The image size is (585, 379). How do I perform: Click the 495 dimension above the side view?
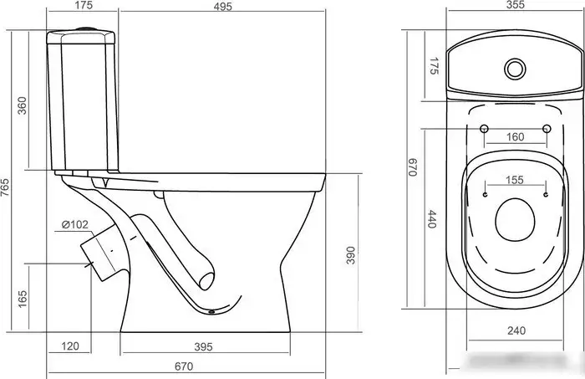click(223, 6)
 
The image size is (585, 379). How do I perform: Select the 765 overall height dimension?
click(5, 188)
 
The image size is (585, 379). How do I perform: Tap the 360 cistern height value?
click(23, 105)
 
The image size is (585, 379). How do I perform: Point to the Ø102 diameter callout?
click(75, 224)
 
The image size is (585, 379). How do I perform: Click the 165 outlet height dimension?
click(23, 299)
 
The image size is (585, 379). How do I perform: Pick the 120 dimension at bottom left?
click(70, 346)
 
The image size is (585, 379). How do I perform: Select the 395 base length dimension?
click(203, 347)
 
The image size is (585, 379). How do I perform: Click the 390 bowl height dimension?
click(350, 255)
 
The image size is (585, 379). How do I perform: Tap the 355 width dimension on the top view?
click(516, 4)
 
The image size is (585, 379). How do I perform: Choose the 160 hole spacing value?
click(516, 137)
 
